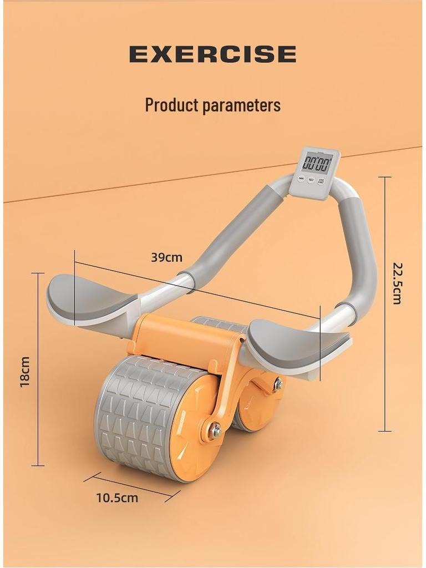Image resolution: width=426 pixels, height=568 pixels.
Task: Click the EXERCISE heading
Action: point(212,54)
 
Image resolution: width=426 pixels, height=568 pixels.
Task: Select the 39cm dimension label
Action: point(166,257)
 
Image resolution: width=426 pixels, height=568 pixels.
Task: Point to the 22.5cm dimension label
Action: point(397,283)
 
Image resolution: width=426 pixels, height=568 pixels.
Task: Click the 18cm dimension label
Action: point(24,372)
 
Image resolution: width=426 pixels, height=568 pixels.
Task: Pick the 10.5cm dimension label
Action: point(116,498)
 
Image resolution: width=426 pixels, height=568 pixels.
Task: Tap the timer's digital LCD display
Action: point(317,163)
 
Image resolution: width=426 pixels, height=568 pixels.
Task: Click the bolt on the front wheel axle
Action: point(216,430)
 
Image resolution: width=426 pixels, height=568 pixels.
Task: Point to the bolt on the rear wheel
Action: point(278,384)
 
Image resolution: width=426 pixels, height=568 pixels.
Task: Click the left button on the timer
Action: point(301,178)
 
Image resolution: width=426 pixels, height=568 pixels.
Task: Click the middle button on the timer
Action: point(311,180)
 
